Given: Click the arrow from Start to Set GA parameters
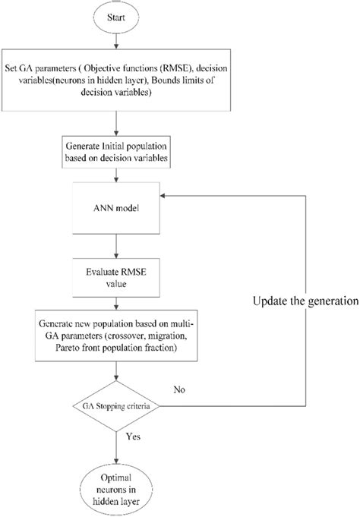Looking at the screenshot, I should tap(116, 43).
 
